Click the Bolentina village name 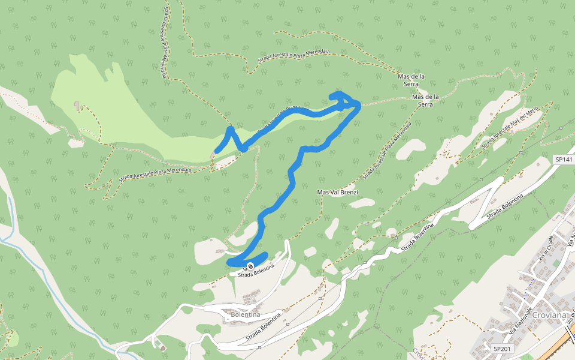pos(245,314)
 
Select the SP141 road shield pos(564,160)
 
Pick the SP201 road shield pos(502,349)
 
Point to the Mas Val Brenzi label pos(337,193)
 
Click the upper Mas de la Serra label pos(411,80)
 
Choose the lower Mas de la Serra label pos(426,100)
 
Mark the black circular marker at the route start pos(250,266)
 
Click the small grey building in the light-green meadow pos(77,106)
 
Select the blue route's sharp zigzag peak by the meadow pos(230,129)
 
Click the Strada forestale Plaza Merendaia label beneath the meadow pos(155,174)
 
